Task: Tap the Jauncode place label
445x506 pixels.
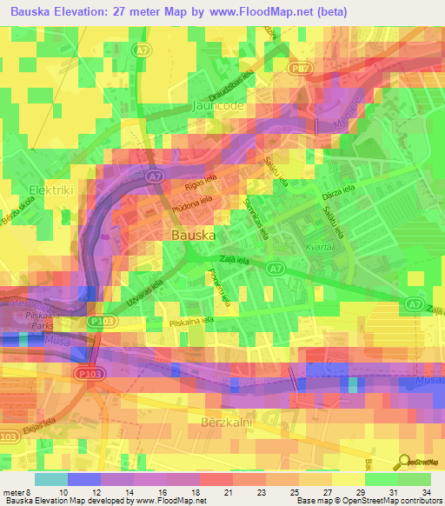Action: click(x=219, y=109)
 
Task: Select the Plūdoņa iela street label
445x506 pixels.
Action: click(x=191, y=206)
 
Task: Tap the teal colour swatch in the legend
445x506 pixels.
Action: click(x=50, y=479)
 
